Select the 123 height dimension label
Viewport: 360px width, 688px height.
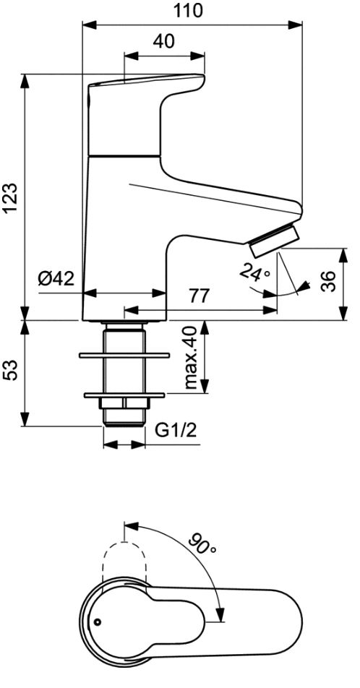click(x=12, y=198)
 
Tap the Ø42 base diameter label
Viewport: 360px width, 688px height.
click(x=56, y=278)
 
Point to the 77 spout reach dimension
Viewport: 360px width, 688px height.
click(x=200, y=296)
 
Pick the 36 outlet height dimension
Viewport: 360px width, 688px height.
click(x=329, y=281)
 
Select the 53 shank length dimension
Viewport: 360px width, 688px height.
click(x=12, y=370)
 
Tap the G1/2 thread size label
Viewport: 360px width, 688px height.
click(x=176, y=431)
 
